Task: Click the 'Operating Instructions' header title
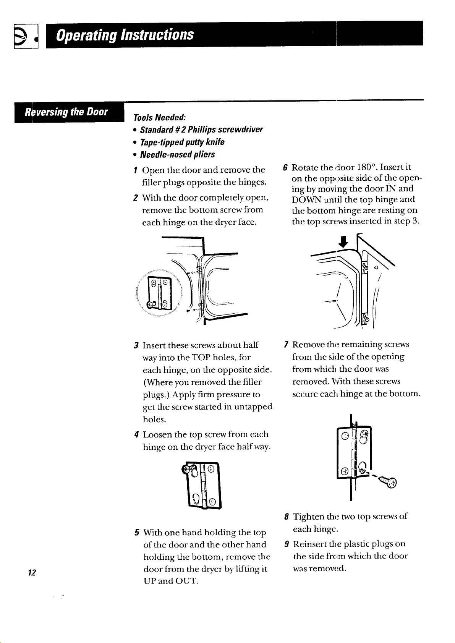pyautogui.click(x=125, y=35)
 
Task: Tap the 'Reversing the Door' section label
pyautogui.click(x=66, y=112)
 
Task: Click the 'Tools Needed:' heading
pyautogui.click(x=160, y=117)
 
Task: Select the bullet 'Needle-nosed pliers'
pyautogui.click(x=177, y=154)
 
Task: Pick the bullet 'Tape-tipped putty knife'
pyautogui.click(x=182, y=142)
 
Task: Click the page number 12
pyautogui.click(x=32, y=572)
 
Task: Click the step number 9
pyautogui.click(x=287, y=544)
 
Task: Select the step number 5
pyautogui.click(x=137, y=533)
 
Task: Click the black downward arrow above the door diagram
pyautogui.click(x=343, y=242)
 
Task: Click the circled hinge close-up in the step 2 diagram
pyautogui.click(x=159, y=293)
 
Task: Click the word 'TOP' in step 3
pyautogui.click(x=201, y=357)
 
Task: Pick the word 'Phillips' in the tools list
pyautogui.click(x=202, y=130)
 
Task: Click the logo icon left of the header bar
pyautogui.click(x=26, y=36)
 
